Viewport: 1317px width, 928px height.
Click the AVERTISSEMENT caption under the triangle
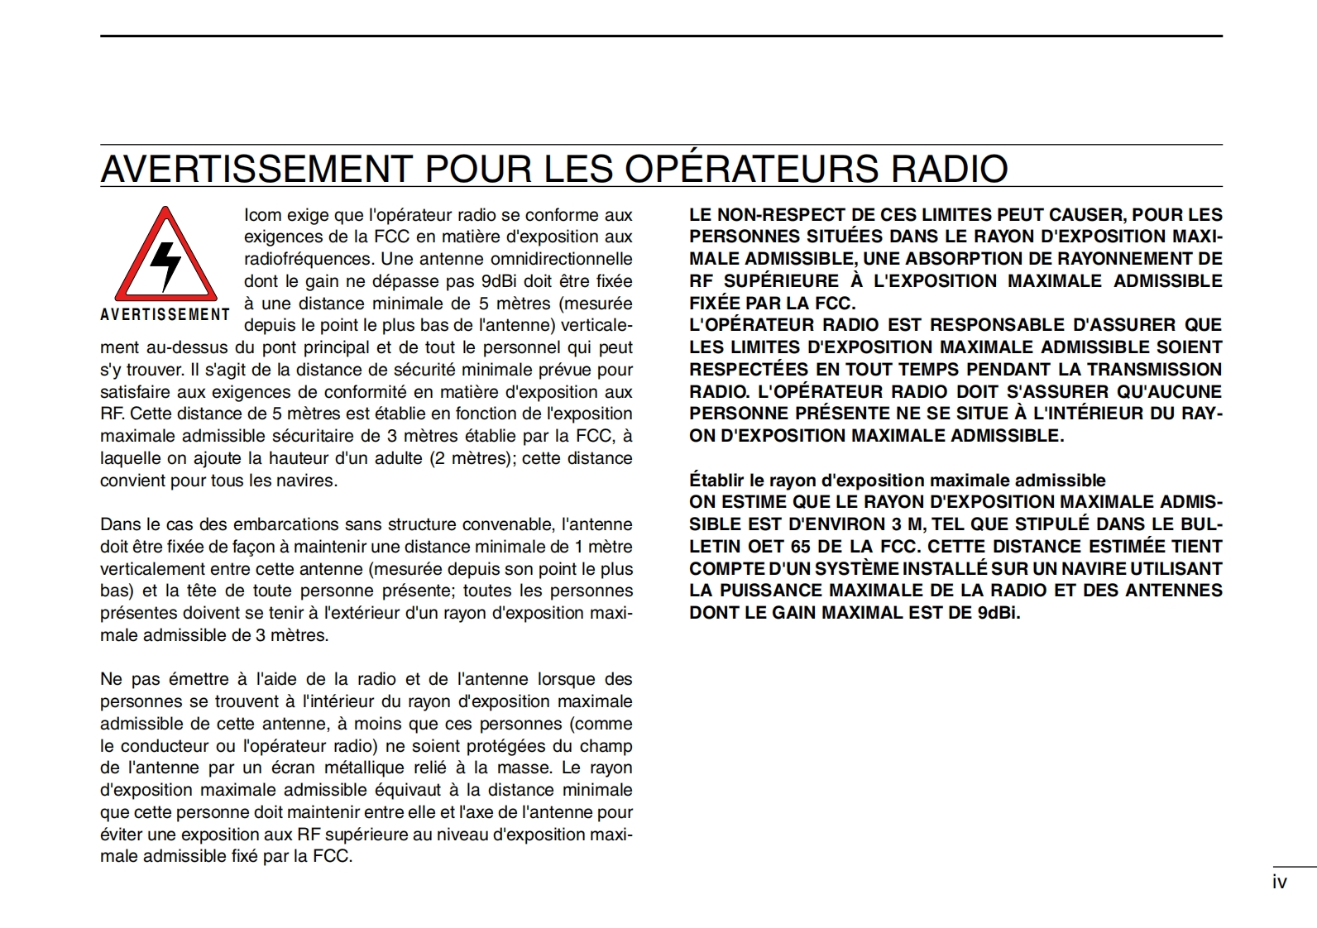[x=165, y=314]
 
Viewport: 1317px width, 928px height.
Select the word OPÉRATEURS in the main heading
[x=752, y=168]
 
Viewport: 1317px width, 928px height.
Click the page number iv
[x=1279, y=883]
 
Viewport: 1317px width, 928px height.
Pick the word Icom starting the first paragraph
[x=262, y=215]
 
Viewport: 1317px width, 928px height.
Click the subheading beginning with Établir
[x=897, y=481]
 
